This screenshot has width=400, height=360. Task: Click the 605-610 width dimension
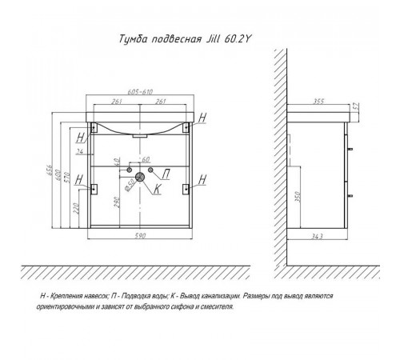pyautogui.click(x=140, y=92)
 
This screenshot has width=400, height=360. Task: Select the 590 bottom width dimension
pyautogui.click(x=139, y=236)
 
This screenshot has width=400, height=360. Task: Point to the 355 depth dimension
pyautogui.click(x=318, y=101)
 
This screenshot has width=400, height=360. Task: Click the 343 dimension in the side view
pyautogui.click(x=317, y=236)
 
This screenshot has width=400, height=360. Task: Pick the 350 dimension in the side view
pyautogui.click(x=298, y=197)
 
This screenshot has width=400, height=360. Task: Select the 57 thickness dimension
pyautogui.click(x=357, y=106)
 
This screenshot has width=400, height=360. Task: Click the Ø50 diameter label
pyautogui.click(x=130, y=185)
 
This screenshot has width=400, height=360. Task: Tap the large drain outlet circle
pyautogui.click(x=140, y=177)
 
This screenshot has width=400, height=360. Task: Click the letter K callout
pyautogui.click(x=157, y=189)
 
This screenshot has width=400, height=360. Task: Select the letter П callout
pyautogui.click(x=166, y=175)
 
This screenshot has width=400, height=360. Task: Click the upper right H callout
pyautogui.click(x=202, y=118)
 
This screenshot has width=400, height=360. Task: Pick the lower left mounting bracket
pyautogui.click(x=94, y=189)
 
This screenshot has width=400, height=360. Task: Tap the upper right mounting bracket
pyautogui.click(x=186, y=127)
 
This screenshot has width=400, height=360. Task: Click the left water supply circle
pyautogui.click(x=130, y=170)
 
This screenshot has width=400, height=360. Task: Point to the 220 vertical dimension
pyautogui.click(x=76, y=208)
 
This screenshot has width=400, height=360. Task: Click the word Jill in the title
pyautogui.click(x=213, y=39)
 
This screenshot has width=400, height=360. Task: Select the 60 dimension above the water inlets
pyautogui.click(x=146, y=159)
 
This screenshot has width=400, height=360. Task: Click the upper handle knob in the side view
pyautogui.click(x=350, y=149)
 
